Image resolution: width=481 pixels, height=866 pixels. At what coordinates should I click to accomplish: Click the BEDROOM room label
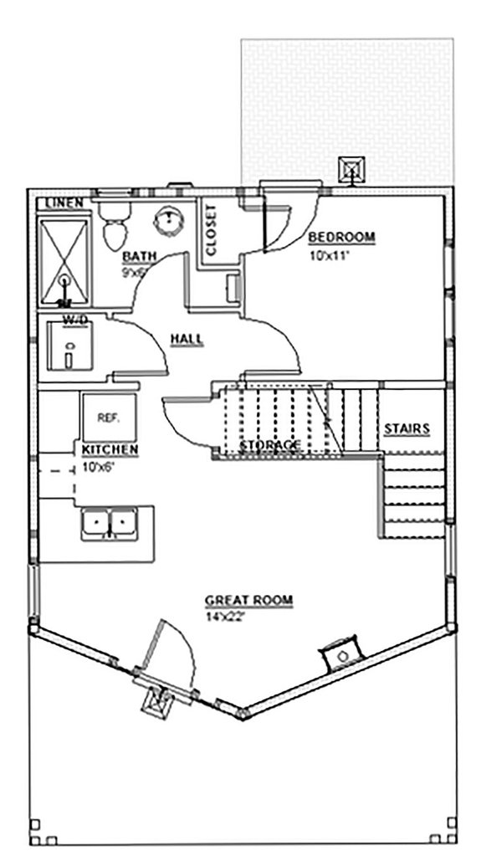click(x=341, y=237)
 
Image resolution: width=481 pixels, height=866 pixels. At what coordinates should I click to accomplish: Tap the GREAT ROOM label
click(x=248, y=600)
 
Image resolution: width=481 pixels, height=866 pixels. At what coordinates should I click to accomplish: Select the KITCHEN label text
click(x=110, y=450)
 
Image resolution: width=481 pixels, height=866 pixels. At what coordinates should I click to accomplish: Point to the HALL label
click(x=188, y=339)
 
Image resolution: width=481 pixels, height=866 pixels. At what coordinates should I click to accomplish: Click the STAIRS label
click(x=407, y=429)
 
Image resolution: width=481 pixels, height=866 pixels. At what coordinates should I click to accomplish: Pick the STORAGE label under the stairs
click(x=269, y=444)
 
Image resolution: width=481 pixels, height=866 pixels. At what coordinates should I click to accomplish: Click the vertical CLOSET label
click(x=211, y=229)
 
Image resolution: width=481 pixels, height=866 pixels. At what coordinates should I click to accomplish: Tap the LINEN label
click(x=63, y=203)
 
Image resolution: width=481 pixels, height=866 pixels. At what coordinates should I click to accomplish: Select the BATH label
click(x=136, y=256)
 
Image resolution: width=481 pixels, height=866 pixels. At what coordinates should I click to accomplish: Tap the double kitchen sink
click(x=110, y=524)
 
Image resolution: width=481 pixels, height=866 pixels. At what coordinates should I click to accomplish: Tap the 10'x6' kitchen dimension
click(x=99, y=465)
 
